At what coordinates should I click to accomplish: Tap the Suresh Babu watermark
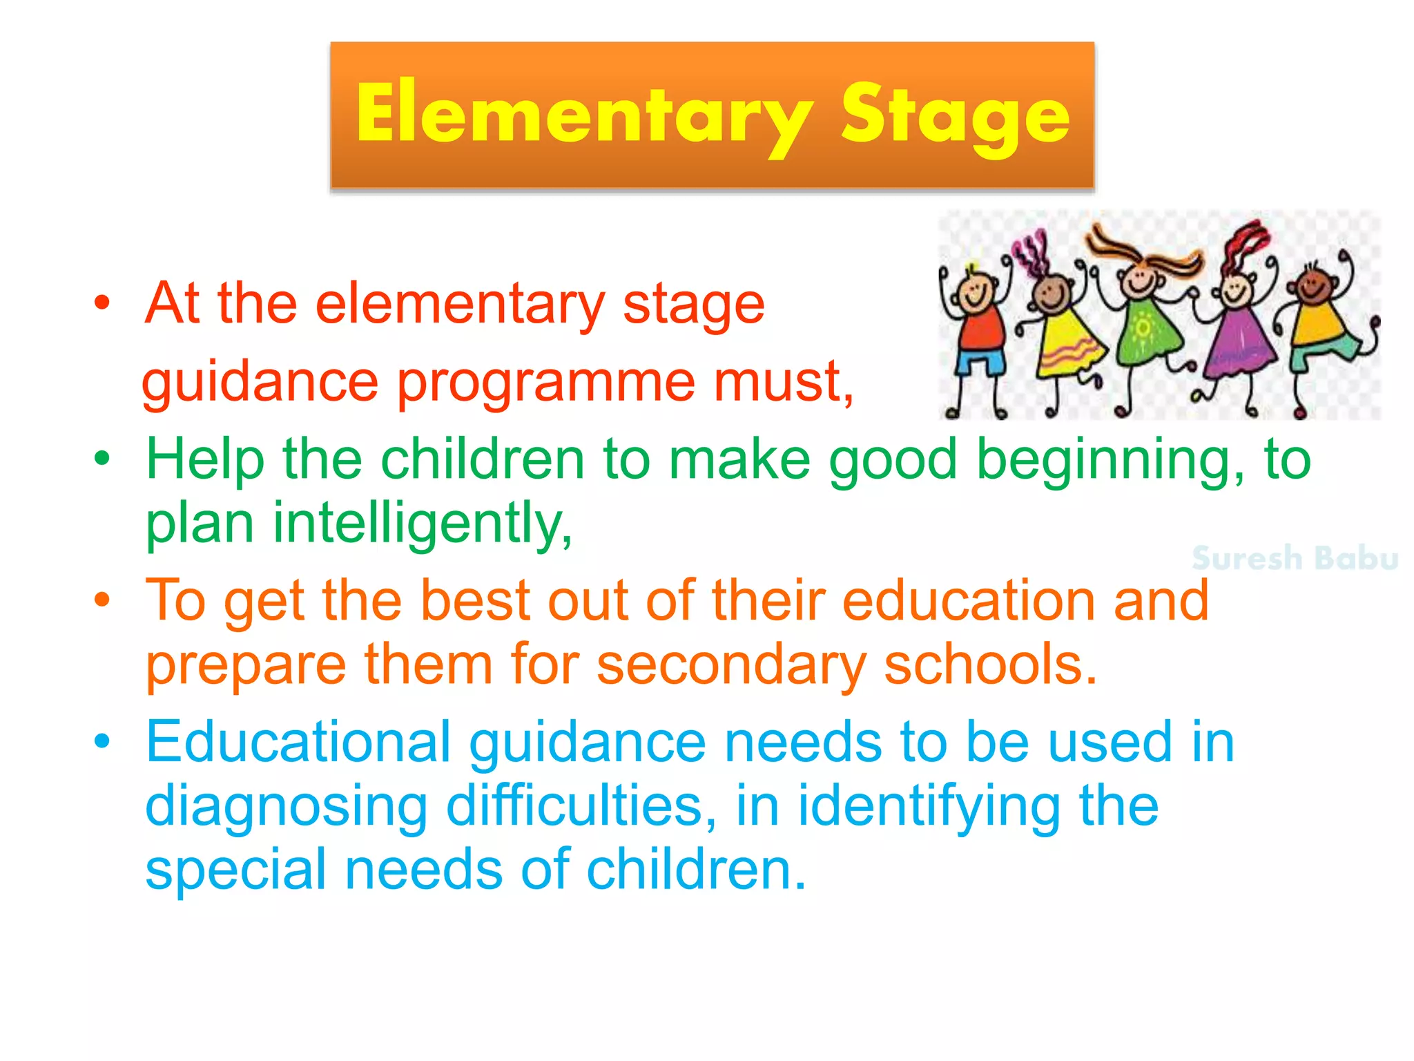tap(1295, 558)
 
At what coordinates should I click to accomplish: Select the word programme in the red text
tap(545, 382)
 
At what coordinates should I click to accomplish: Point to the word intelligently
tap(423, 524)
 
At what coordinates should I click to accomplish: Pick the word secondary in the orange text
tap(731, 665)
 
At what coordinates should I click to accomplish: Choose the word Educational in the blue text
tap(298, 742)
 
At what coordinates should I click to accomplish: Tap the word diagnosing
tap(287, 806)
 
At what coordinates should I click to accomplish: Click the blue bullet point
tap(102, 741)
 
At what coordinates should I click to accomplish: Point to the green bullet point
tap(102, 459)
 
